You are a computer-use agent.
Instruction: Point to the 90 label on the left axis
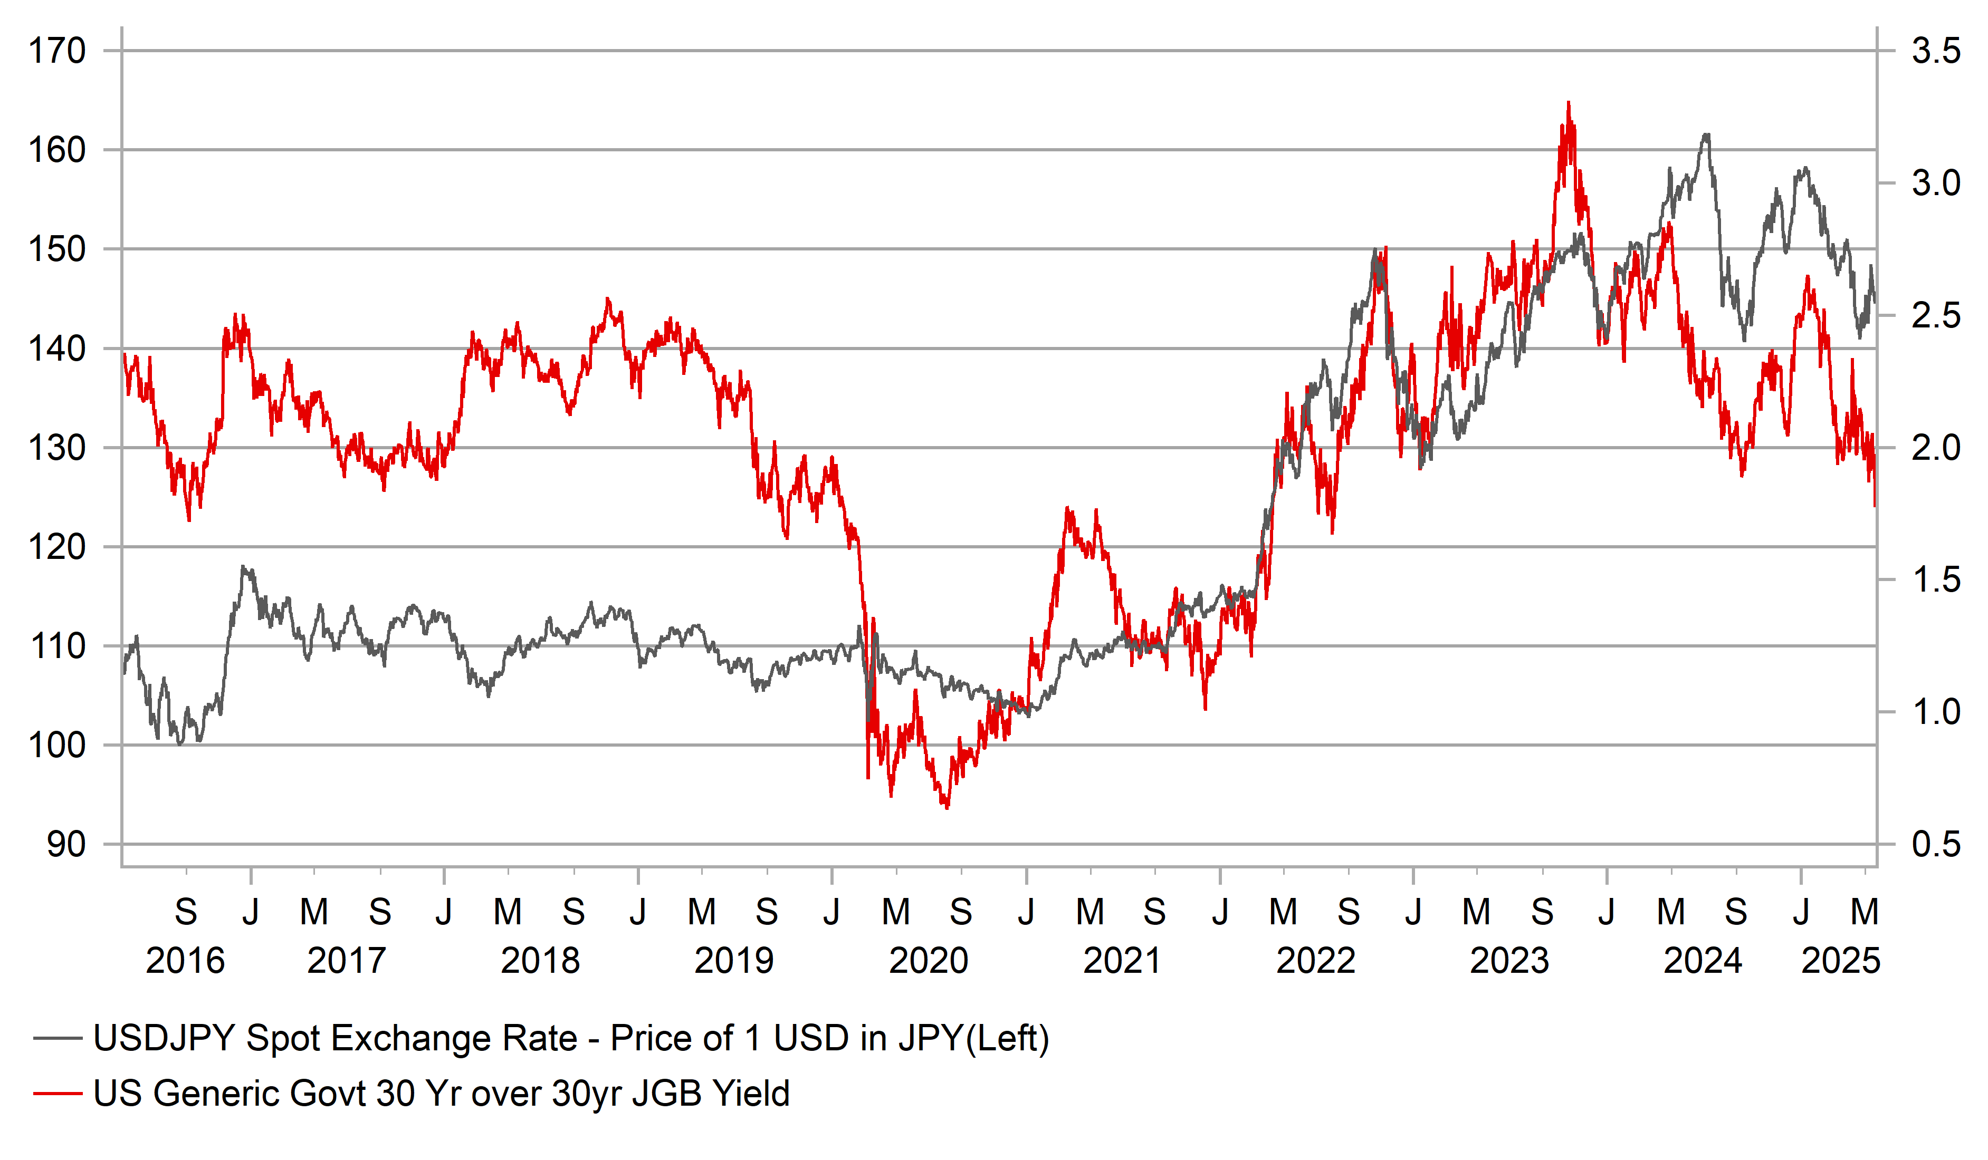click(66, 845)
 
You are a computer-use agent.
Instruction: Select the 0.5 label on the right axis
click(1936, 845)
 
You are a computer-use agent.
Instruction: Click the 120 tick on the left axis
click(57, 547)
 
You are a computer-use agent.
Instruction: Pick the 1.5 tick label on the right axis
click(1936, 581)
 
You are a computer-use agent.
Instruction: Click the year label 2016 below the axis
click(185, 961)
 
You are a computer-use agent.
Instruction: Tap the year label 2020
click(929, 961)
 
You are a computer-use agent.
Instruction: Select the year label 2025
click(1840, 961)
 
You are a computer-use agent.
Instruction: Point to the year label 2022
click(1316, 961)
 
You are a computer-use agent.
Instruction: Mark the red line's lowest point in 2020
click(947, 807)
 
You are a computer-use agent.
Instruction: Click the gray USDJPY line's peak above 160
click(1706, 135)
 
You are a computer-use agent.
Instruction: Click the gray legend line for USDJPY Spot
click(58, 1039)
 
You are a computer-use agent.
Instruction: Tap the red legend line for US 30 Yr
click(58, 1094)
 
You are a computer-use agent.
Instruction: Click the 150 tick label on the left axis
click(57, 250)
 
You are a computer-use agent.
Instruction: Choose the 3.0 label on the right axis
click(1936, 183)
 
